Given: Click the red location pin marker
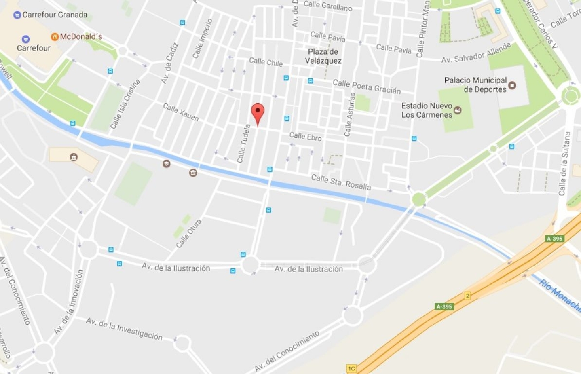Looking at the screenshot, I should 258,112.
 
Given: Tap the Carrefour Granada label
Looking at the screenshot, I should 55,15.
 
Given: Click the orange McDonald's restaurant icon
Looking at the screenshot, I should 55,37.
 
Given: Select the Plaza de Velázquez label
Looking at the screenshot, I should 323,56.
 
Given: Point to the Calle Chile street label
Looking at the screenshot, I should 266,62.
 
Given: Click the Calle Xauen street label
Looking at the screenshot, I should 181,112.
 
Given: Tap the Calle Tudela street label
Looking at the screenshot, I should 244,143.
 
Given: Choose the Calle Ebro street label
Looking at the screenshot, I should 305,136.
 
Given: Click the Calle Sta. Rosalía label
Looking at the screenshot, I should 341,182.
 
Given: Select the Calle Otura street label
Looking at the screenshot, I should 189,233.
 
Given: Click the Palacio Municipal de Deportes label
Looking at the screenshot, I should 475,84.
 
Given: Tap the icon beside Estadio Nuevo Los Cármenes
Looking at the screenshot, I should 457,110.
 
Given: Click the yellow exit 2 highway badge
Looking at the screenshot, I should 468,296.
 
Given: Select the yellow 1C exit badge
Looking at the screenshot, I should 351,368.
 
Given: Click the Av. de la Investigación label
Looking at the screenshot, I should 124,329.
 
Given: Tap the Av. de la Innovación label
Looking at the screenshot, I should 69,302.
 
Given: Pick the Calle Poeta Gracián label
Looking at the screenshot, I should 366,87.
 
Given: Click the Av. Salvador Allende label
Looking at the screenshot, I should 476,53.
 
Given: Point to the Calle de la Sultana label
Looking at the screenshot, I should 564,163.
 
